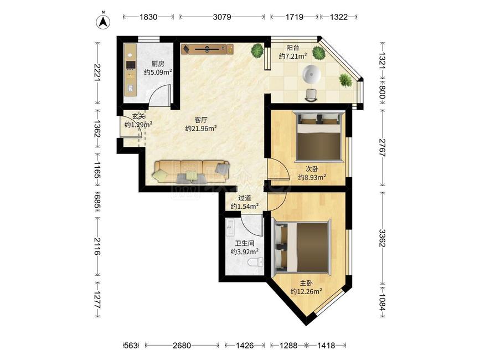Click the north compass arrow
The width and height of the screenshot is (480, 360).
pos(104,22)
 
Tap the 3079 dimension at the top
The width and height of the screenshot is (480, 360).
pos(222,17)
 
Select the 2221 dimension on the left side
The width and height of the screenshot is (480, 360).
pos(97,73)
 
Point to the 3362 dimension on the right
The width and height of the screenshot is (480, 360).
pos(382,238)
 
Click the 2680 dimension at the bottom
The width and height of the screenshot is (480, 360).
pos(182,346)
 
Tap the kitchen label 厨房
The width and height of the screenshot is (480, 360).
pos(158,64)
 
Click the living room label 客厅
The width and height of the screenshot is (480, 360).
pos(201,120)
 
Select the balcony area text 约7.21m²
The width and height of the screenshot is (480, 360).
pos(293,56)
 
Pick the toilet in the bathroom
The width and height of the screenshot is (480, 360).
pos(255,262)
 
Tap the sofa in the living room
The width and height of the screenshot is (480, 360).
pos(192,172)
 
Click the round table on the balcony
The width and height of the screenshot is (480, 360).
pos(312,74)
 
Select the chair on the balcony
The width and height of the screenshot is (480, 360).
pos(312,94)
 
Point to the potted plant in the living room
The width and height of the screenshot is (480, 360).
pos(257,50)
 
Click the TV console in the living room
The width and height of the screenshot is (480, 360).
pos(207,49)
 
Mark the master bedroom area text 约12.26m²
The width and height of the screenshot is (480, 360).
pos(306,291)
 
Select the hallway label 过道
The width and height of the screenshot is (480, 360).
pos(245,198)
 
